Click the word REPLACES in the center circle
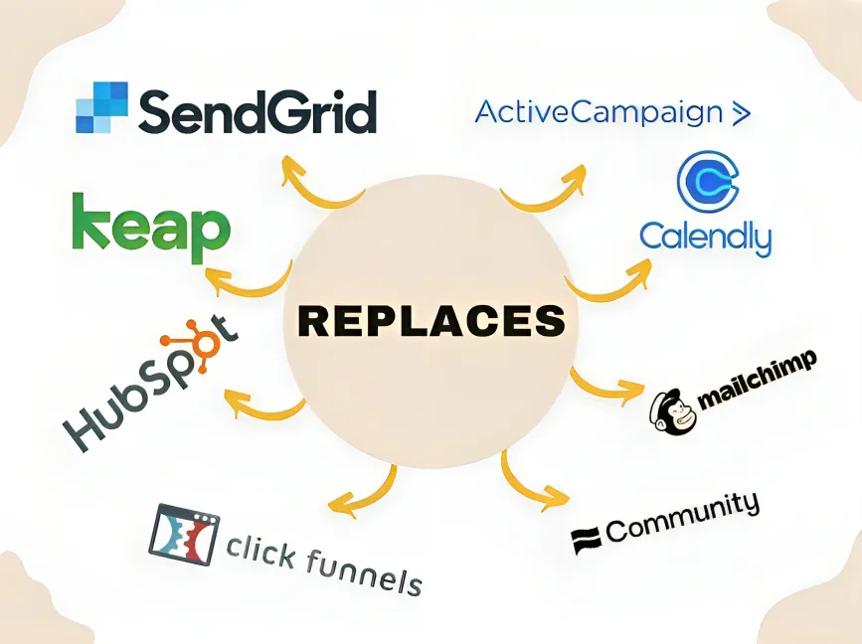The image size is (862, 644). pyautogui.click(x=431, y=321)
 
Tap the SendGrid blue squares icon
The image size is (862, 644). pyautogui.click(x=101, y=107)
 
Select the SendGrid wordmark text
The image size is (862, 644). pyautogui.click(x=258, y=111)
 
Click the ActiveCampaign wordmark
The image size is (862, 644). pyautogui.click(x=599, y=112)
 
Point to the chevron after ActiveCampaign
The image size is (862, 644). pyautogui.click(x=741, y=113)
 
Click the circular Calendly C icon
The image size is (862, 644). pyautogui.click(x=708, y=182)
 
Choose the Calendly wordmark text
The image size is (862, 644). pyautogui.click(x=706, y=238)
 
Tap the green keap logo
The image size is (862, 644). pyautogui.click(x=151, y=227)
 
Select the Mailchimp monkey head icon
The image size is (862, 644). pyautogui.click(x=672, y=412)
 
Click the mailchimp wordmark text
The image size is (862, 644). pyautogui.click(x=757, y=381)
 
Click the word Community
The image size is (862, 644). pyautogui.click(x=683, y=517)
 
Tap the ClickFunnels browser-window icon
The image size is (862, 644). pyautogui.click(x=184, y=536)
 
